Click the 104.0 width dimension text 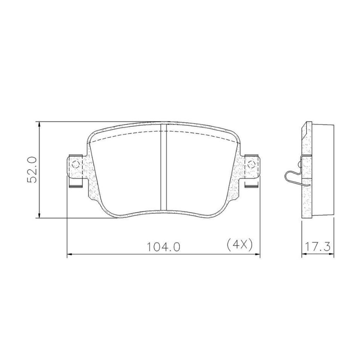click(164, 246)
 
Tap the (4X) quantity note click(239, 244)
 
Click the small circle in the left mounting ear click(75, 164)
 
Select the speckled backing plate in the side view click(307, 197)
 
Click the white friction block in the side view click(323, 171)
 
